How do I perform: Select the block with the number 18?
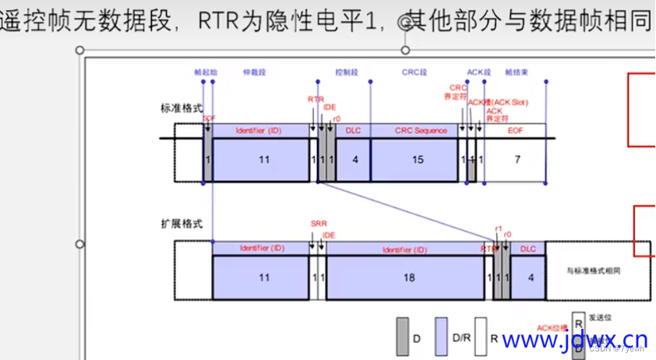pyautogui.click(x=409, y=277)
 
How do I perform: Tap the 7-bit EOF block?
pyautogui.click(x=517, y=158)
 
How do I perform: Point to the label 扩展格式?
pyautogui.click(x=181, y=224)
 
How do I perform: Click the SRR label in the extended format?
pyautogui.click(x=318, y=224)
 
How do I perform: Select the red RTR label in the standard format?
pyautogui.click(x=316, y=100)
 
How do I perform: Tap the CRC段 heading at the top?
pyautogui.click(x=414, y=72)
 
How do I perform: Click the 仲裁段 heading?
pyautogui.click(x=255, y=72)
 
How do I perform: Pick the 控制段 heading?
pyautogui.click(x=346, y=72)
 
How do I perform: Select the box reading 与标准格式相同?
pyautogui.click(x=596, y=270)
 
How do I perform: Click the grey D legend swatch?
pyautogui.click(x=403, y=330)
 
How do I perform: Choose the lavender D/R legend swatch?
pyautogui.click(x=442, y=330)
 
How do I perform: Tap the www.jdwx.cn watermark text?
pyautogui.click(x=574, y=340)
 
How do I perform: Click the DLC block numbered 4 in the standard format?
pyautogui.click(x=354, y=158)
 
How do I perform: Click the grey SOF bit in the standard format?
pyautogui.click(x=208, y=158)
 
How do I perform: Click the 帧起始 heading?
pyautogui.click(x=206, y=72)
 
